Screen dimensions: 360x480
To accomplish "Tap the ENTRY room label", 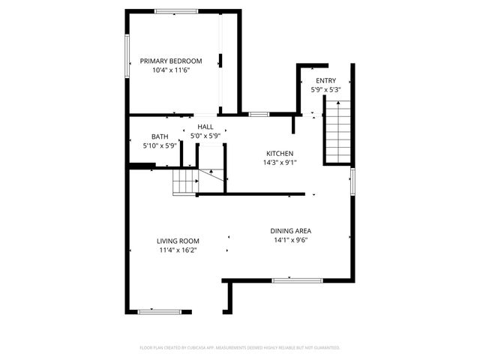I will point(325,81).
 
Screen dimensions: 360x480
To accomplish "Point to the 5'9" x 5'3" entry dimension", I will point(325,90).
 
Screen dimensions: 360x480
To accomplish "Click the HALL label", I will point(205,127).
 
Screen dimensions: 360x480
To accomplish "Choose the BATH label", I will point(160,136).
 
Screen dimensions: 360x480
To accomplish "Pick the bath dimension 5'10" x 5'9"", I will point(160,145).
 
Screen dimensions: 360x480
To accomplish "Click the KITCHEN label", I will point(278,153).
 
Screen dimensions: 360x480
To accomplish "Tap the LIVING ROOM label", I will point(178,241).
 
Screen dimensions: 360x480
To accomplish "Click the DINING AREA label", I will point(291,231).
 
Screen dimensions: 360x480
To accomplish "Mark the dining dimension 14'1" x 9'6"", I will point(291,240).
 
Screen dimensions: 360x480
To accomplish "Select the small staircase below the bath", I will point(184,182).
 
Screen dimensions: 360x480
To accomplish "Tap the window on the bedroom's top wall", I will point(176,10).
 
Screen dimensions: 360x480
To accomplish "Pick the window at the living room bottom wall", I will point(155,310).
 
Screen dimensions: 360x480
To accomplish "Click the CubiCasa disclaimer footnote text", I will point(240,348).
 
